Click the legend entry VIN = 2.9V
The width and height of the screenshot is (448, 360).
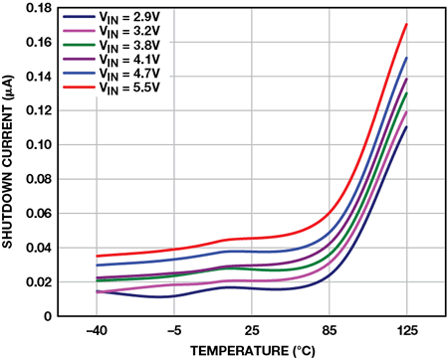coord(112,17)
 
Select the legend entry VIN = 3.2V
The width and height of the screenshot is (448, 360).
coord(112,31)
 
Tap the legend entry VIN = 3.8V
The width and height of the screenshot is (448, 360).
coord(112,45)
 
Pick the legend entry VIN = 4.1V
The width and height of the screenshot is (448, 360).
coord(112,60)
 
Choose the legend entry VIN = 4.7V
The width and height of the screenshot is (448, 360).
coord(112,74)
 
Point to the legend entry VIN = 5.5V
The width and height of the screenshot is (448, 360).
coord(112,88)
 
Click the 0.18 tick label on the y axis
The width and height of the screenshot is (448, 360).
coord(39,8)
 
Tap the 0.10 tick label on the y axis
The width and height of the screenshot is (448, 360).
coord(39,145)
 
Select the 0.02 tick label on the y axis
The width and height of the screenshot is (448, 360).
coord(39,282)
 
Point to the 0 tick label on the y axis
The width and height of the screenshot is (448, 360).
coord(49,316)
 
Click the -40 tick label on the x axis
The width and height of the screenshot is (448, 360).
coord(97,331)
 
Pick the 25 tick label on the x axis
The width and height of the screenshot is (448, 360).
coord(252,331)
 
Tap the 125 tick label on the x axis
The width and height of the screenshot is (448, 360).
coord(407,331)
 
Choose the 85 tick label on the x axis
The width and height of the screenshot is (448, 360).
coord(330,331)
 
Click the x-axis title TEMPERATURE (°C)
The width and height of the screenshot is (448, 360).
coord(253,351)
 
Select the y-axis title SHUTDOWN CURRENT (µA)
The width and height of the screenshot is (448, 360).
coord(7,162)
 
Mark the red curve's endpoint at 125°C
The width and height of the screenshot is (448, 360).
coord(406,24)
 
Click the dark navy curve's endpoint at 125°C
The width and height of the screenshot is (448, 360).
coord(406,126)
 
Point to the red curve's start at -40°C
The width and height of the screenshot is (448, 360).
coord(97,256)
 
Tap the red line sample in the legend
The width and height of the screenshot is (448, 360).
coord(79,88)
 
